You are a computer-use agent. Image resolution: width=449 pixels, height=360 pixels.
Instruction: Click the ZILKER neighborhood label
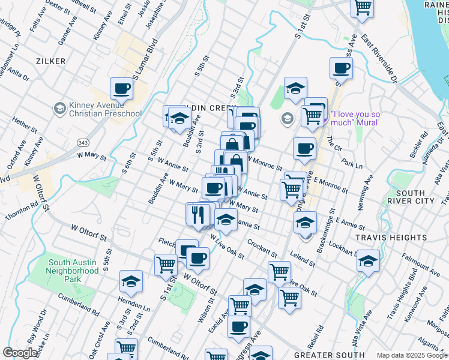pos(50,61)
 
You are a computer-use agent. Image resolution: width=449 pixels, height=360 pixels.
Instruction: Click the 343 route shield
pos(82,142)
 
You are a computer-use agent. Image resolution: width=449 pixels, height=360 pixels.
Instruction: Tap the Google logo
pos(20,353)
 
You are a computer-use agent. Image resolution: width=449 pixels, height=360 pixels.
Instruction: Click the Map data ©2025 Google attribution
pos(412,355)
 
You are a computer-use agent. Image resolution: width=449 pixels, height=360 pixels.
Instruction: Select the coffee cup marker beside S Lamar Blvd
pos(121,89)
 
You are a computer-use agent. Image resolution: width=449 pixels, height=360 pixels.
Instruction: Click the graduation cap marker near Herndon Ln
pos(130,280)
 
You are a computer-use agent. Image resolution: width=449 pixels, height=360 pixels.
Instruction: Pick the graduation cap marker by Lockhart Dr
pos(368,260)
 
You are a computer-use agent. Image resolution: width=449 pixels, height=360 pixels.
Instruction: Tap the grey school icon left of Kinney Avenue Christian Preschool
pos(59,109)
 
